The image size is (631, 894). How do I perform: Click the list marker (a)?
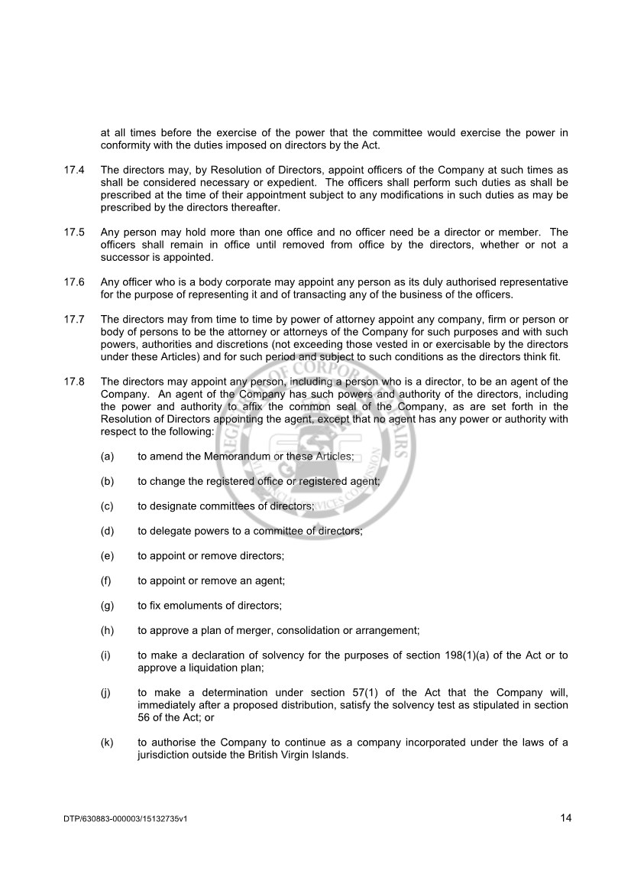(107, 457)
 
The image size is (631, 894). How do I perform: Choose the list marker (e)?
(107, 556)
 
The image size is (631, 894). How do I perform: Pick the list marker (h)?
(107, 631)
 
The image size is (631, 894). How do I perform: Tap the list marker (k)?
(107, 743)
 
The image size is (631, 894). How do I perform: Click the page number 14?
(565, 818)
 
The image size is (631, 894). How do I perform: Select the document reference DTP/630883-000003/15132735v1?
(125, 820)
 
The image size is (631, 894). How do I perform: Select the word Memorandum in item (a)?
(225, 457)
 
